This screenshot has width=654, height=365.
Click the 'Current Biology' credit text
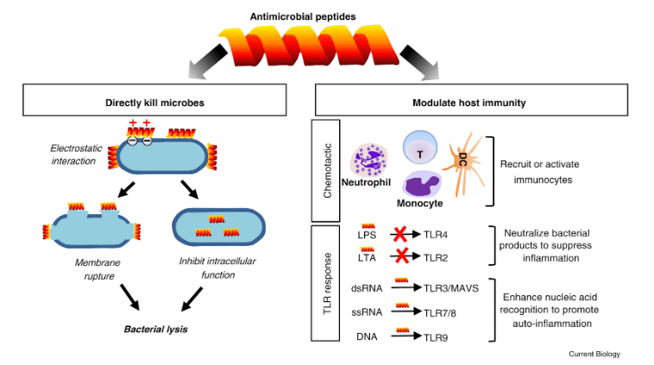click(x=594, y=354)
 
